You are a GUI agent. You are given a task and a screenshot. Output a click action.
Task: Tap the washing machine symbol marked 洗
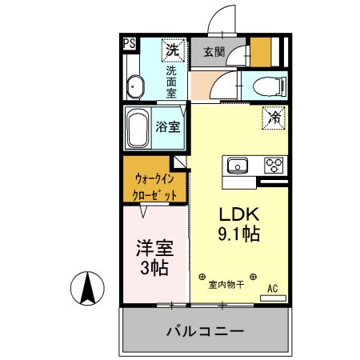click(172, 50)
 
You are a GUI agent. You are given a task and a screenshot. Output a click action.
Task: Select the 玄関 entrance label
click(214, 53)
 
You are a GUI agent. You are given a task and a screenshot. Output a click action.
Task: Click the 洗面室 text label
click(171, 81)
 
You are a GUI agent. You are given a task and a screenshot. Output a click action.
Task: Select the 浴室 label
click(167, 126)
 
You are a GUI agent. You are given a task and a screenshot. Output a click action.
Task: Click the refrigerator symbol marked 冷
click(274, 118)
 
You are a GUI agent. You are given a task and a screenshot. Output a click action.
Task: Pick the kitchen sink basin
click(238, 166)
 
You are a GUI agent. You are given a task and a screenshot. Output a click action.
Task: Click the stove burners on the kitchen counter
click(274, 166)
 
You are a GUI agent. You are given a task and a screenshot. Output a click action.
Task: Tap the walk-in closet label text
click(154, 186)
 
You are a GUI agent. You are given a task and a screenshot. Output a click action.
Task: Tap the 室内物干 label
click(226, 284)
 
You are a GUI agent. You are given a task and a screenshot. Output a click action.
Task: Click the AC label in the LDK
click(272, 288)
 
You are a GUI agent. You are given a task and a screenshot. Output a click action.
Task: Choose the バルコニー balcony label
click(205, 330)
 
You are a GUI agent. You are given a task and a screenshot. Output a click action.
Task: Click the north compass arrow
click(90, 288)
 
